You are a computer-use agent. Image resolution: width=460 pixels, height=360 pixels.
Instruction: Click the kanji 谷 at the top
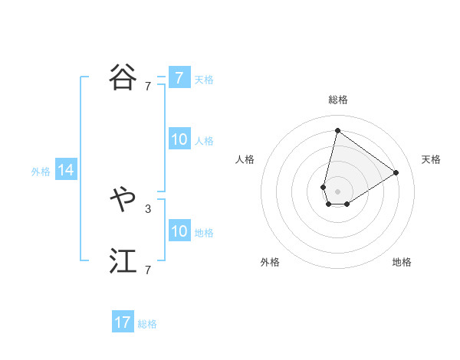tap(123, 77)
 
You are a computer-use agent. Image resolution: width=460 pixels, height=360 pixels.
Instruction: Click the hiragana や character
tap(123, 200)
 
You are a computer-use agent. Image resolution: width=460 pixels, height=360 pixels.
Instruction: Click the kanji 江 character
tap(123, 262)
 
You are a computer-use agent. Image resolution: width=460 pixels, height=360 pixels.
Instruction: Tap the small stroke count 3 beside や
tap(147, 208)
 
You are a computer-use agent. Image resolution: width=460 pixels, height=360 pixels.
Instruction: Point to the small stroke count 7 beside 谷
tap(147, 87)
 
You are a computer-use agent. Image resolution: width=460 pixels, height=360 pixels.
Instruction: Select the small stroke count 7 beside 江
tap(147, 270)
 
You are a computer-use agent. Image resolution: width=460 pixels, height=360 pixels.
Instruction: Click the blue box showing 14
tap(66, 171)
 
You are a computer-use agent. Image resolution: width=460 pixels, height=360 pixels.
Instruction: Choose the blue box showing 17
tap(123, 322)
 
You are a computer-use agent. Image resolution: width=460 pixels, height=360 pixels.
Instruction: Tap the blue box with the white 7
tap(179, 78)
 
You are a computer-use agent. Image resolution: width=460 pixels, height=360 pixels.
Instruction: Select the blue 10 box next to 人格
tap(179, 139)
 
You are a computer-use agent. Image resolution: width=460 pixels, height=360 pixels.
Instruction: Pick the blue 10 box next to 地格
tap(179, 231)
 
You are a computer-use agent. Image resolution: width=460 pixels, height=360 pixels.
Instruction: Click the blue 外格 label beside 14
tap(41, 172)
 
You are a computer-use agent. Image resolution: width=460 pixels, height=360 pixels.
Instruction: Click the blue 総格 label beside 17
tap(147, 324)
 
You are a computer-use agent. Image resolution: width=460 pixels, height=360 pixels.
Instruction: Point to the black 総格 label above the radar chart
tap(338, 100)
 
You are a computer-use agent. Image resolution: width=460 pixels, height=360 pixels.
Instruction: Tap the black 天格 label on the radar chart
tap(431, 159)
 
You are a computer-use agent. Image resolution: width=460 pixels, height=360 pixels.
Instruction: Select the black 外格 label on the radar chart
tap(270, 262)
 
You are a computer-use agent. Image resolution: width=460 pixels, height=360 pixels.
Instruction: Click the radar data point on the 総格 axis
tap(337, 130)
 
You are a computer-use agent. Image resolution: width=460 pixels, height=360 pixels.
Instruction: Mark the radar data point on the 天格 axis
tap(396, 172)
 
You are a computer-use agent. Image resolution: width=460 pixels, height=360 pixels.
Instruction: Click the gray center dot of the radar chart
tap(337, 191)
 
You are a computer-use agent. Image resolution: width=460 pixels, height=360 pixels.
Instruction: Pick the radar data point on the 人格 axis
tap(324, 187)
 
